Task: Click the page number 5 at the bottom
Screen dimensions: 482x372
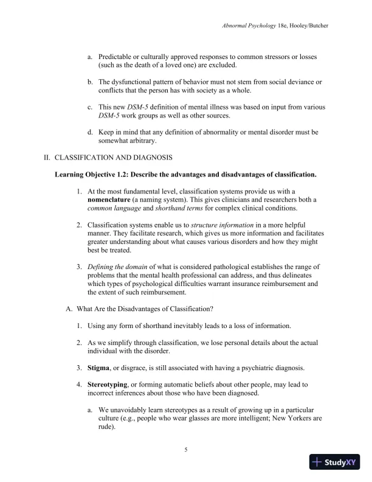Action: pos(186,450)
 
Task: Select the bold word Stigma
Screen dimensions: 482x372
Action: pos(101,368)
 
